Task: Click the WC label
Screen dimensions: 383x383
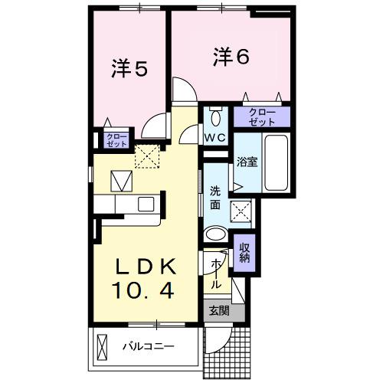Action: click(214, 138)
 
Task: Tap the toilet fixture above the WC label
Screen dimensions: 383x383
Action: click(214, 117)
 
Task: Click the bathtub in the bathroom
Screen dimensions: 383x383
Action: click(275, 164)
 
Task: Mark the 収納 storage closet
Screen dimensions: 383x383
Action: click(245, 253)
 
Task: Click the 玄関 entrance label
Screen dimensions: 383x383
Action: click(218, 312)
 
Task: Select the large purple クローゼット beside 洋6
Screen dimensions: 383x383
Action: click(263, 117)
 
